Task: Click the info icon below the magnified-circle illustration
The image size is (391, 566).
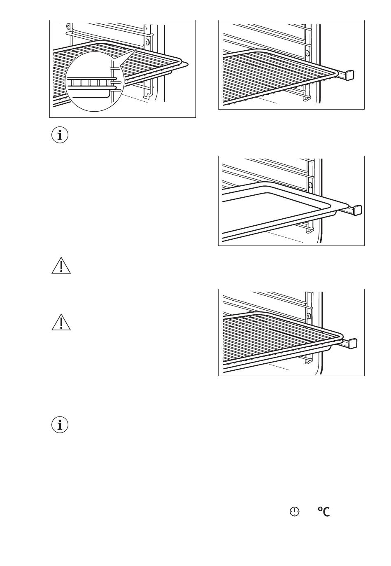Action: [x=60, y=135]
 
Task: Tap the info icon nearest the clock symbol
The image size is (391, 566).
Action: [x=60, y=425]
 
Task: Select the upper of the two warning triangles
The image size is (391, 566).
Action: [x=61, y=266]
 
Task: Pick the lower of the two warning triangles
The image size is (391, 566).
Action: [x=61, y=322]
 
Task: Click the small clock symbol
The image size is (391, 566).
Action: [x=294, y=512]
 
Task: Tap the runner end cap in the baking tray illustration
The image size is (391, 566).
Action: [x=357, y=209]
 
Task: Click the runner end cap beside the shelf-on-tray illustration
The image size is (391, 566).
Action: [x=353, y=343]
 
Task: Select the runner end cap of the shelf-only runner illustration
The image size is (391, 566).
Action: [x=349, y=75]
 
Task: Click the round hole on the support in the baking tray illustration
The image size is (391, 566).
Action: [x=310, y=185]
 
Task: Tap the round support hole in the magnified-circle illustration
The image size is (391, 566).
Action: [x=147, y=42]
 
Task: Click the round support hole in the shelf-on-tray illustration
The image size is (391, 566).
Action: [x=309, y=316]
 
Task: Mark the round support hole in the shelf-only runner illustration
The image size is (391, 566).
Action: [x=307, y=53]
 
